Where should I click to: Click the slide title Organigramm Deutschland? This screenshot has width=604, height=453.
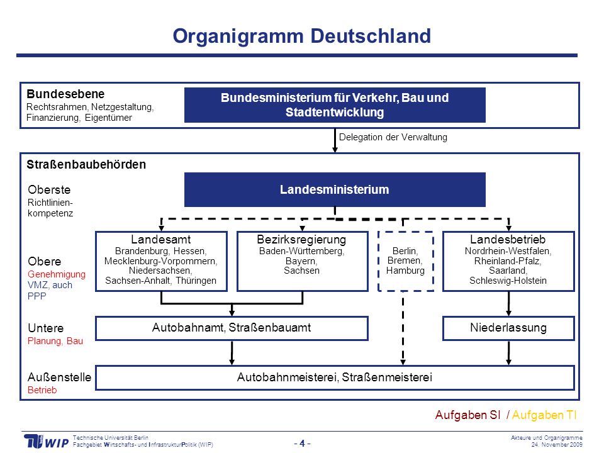(x=301, y=36)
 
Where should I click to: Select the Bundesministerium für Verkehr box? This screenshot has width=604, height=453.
(x=335, y=105)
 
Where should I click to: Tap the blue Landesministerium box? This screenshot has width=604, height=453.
(x=335, y=189)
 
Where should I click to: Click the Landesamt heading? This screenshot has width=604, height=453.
(x=160, y=239)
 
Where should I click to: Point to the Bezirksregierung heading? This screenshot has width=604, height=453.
(x=301, y=239)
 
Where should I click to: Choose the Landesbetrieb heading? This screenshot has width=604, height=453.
(x=508, y=239)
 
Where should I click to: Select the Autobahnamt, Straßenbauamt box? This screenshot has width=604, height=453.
(x=232, y=328)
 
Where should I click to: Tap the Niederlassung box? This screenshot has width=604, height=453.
(x=508, y=328)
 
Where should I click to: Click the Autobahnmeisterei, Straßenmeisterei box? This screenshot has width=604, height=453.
(x=335, y=377)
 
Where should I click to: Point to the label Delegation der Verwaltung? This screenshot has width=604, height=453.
(x=393, y=137)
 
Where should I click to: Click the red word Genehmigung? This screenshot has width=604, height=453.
(x=57, y=274)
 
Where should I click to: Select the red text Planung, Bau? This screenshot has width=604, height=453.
(x=55, y=341)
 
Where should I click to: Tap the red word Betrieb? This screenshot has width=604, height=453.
(x=42, y=390)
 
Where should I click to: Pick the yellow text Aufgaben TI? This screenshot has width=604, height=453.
(x=544, y=415)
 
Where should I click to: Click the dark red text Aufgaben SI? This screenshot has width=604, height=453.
(x=467, y=415)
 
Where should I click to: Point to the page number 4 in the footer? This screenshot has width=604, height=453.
(x=303, y=444)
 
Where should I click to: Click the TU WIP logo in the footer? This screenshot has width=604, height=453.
(x=46, y=442)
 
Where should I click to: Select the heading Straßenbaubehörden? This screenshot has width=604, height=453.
(x=86, y=164)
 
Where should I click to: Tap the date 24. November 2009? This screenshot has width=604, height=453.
(x=557, y=445)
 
